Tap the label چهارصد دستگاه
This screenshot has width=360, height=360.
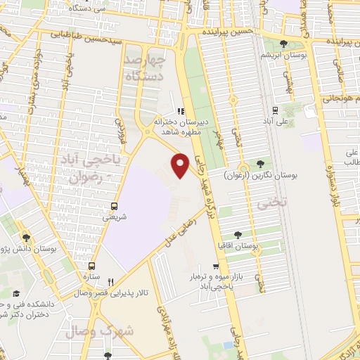coord(162,60)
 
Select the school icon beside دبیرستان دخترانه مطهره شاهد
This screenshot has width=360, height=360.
coord(181,110)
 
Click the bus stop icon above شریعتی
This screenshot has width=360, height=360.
coord(115,206)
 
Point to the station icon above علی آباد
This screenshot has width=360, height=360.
coord(274,110)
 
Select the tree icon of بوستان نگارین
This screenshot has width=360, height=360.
coord(261,162)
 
